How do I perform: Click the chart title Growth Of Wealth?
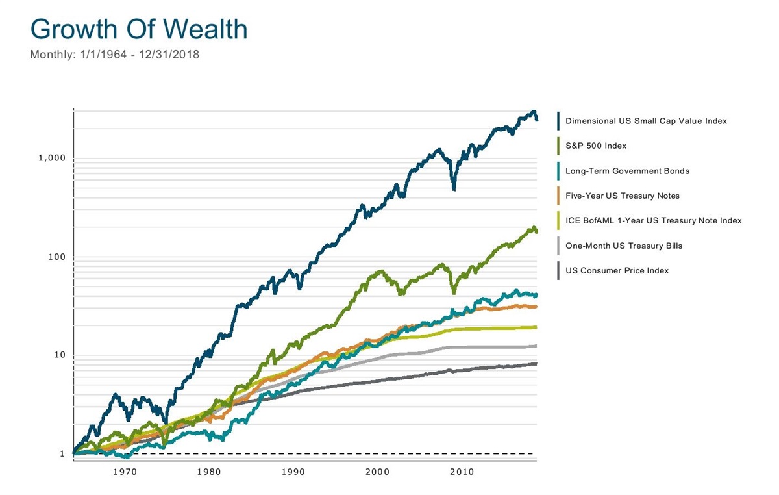coord(138,30)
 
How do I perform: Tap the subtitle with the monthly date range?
coord(114,55)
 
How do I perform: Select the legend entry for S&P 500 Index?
coord(596,146)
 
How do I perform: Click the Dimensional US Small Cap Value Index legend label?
coord(646,121)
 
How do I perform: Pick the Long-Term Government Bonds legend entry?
coord(627,171)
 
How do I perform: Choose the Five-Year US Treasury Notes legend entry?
coord(623,196)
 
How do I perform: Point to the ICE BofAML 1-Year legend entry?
coord(653,221)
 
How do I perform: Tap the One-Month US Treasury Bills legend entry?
coord(624,246)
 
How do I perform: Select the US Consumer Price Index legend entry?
coord(617,270)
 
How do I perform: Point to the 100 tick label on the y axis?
coord(56,257)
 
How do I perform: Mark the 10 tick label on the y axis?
coord(58,355)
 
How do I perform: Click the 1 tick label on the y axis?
coord(62,454)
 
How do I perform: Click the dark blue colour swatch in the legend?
coord(558,121)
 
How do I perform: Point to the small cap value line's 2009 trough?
coord(454,188)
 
